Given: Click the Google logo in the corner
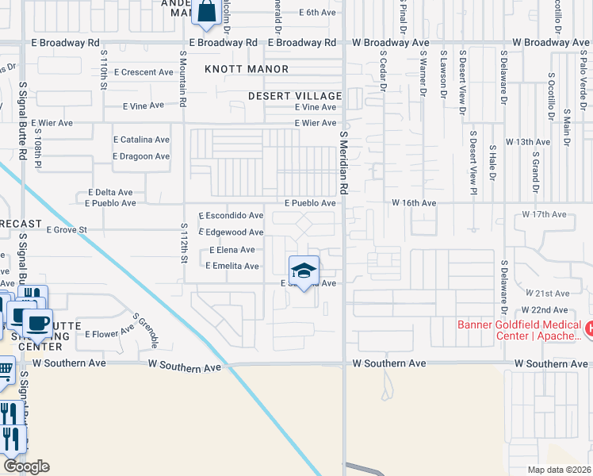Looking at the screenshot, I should [x=26, y=466].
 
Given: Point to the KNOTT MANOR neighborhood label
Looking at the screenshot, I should [x=247, y=70].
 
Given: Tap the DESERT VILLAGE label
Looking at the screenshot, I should [x=294, y=95].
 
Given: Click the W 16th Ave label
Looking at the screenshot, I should [x=414, y=203].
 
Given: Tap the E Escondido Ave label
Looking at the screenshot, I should [x=231, y=216].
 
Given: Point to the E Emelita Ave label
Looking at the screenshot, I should [x=231, y=266].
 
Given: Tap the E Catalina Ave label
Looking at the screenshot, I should [x=142, y=140].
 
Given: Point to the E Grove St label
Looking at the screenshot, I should [x=66, y=230].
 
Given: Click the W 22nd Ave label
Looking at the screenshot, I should [x=545, y=310].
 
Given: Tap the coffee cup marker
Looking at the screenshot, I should [x=36, y=324].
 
